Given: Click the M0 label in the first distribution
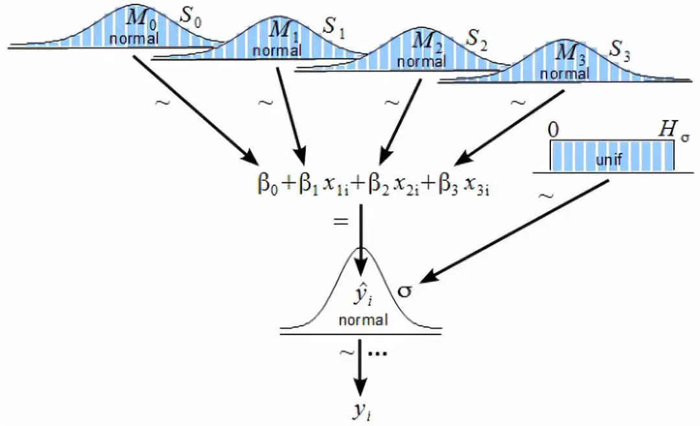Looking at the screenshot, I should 139,19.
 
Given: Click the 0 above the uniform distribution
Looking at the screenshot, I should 553,130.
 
